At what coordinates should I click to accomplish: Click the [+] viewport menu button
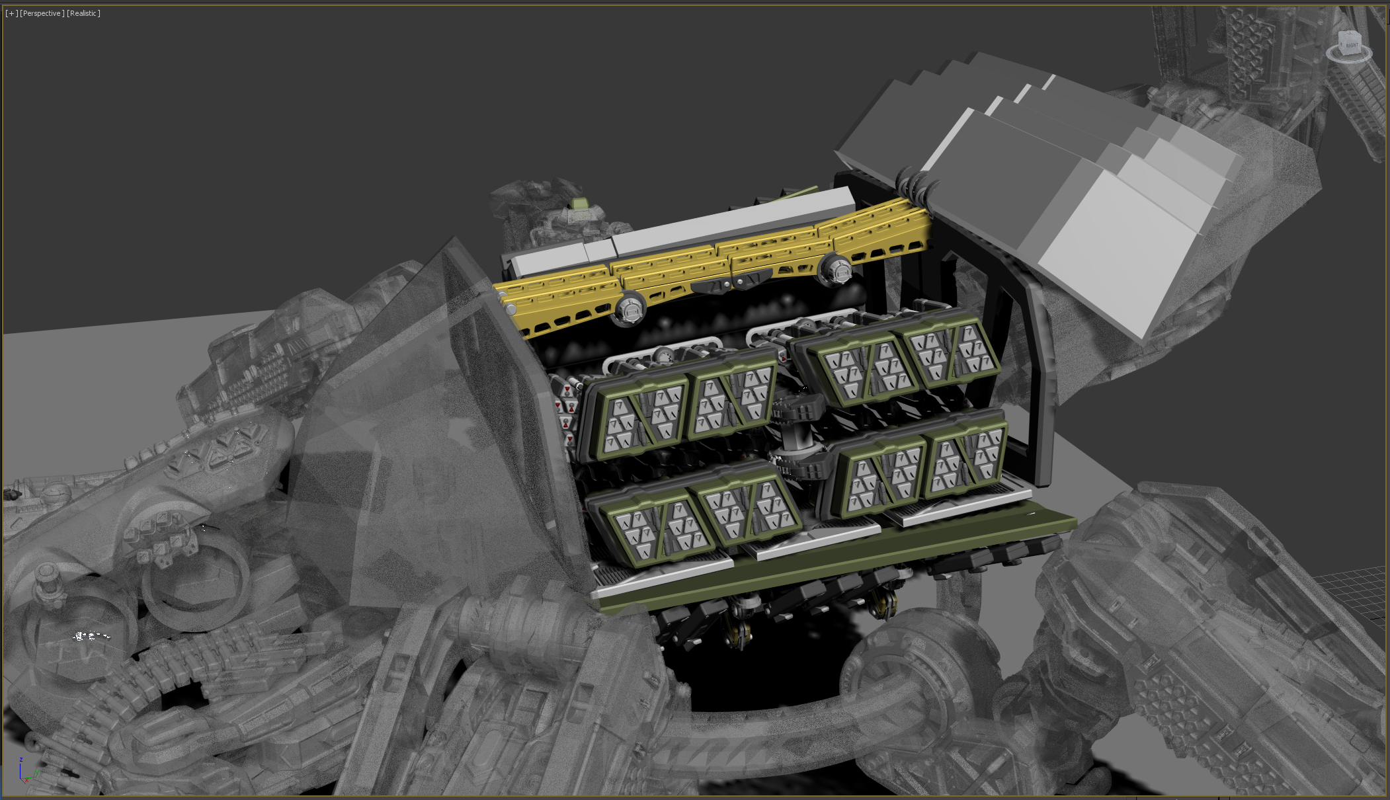[12, 13]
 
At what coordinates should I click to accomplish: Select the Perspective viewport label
[42, 13]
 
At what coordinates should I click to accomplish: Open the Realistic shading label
[83, 13]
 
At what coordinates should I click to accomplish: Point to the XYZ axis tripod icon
[26, 770]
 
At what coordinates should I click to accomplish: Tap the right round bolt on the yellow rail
[836, 270]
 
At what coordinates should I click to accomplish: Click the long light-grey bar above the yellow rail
[681, 231]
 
